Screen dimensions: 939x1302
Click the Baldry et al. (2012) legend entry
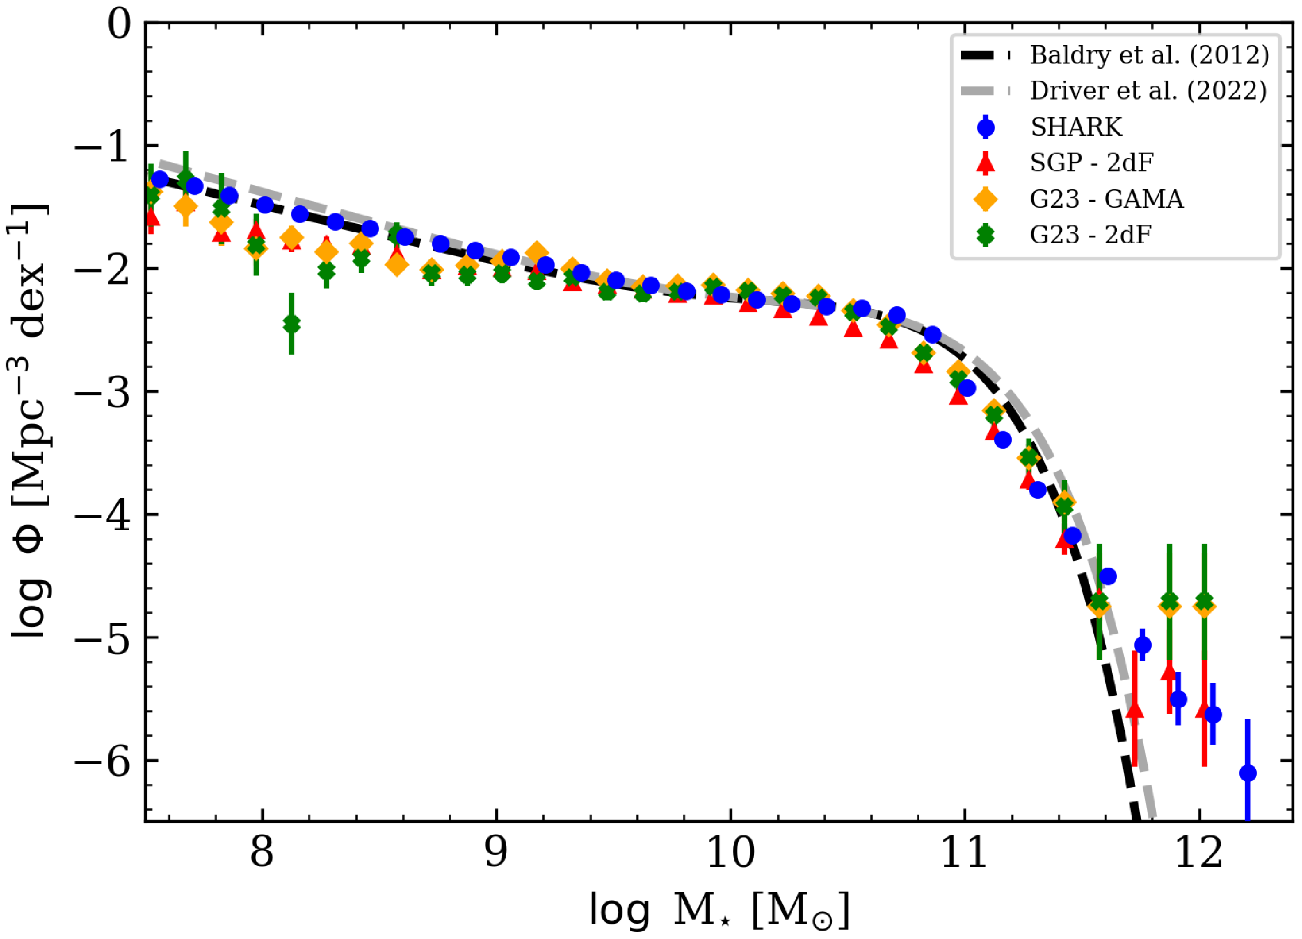pos(1149,55)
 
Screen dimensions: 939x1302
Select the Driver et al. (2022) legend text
pos(1148,91)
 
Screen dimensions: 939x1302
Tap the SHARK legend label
pos(1076,127)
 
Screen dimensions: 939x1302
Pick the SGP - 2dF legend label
pos(1091,163)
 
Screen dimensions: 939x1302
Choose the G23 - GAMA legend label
pos(1106,199)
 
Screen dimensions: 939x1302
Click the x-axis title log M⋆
pos(719,910)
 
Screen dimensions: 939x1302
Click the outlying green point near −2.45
pos(292,324)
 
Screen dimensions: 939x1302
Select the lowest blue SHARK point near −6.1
pos(1247,773)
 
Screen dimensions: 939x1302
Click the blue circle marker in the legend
pos(986,127)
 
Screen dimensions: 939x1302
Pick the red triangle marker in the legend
pos(986,163)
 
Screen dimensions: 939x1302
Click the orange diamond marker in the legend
pos(986,199)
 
